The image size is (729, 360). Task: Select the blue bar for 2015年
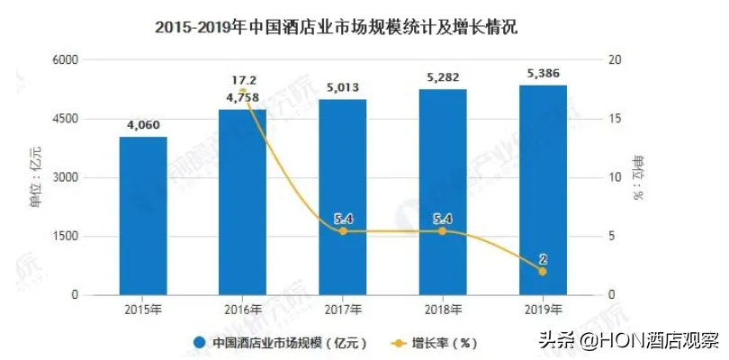(143, 216)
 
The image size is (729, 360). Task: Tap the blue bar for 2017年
(342, 198)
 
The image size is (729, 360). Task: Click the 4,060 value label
(143, 125)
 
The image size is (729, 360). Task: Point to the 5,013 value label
(342, 87)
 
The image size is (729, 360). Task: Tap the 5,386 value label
(543, 73)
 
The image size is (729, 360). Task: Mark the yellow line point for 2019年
(543, 272)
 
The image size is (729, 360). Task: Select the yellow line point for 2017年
(342, 231)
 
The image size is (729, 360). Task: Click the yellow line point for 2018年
(442, 231)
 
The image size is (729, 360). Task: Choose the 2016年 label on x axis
(243, 310)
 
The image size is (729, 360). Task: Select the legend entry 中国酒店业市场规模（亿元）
(280, 342)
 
